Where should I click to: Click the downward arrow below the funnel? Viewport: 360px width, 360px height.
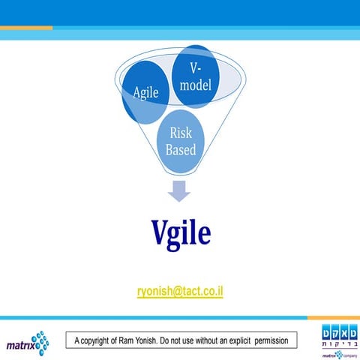pyautogui.click(x=179, y=191)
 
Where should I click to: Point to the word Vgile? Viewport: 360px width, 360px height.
pyautogui.click(x=180, y=234)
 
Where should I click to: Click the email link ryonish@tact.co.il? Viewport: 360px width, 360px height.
pyautogui.click(x=180, y=290)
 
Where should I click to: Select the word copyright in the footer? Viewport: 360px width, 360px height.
pyautogui.click(x=106, y=341)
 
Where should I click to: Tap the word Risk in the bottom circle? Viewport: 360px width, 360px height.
pyautogui.click(x=181, y=133)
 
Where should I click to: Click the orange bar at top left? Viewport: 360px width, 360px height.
pyautogui.click(x=26, y=28)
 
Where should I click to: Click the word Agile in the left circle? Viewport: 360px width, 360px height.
pyautogui.click(x=145, y=93)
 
